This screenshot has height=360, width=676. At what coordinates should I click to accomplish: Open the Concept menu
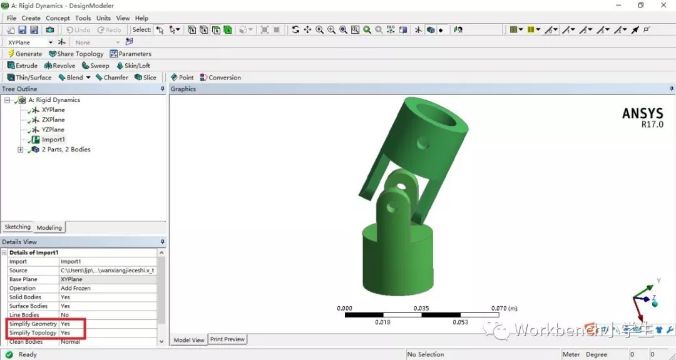coord(58,18)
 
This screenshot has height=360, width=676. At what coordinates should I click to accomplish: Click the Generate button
coord(25,54)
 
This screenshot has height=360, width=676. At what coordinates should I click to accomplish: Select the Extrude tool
coord(23,66)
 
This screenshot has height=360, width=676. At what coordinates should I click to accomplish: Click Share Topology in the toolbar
coord(76,54)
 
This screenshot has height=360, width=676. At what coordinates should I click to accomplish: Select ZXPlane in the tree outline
coord(53,120)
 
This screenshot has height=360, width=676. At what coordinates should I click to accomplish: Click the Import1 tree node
coord(53,140)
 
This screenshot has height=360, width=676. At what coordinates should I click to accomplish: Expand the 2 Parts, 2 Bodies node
coord(21,150)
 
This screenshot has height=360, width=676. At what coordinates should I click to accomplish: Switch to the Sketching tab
coord(18,227)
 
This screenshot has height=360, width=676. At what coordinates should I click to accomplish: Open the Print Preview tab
coord(227,339)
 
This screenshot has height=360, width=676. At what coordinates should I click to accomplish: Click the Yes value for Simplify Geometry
coord(65,324)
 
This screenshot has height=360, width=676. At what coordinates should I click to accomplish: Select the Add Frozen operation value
coord(76,288)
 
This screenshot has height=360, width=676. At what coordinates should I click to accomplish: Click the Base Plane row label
coord(23,279)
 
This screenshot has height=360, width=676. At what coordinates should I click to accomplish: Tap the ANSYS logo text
coord(642,114)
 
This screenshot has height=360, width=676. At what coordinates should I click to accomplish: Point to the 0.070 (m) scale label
coord(504,308)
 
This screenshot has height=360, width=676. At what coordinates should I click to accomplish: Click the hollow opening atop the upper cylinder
coord(436,115)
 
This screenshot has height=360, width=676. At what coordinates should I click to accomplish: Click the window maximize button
coord(640,6)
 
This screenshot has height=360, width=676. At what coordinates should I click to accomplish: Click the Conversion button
coord(220,78)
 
